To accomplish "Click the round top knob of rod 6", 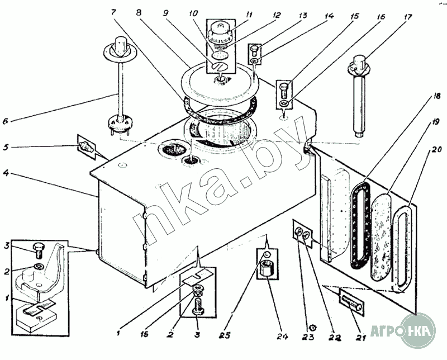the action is [120, 43].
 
